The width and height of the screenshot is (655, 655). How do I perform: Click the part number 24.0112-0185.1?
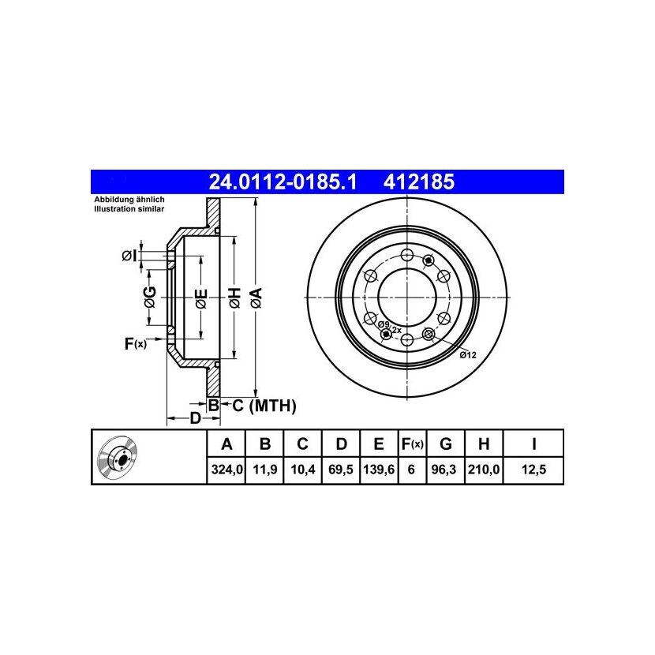(x=283, y=182)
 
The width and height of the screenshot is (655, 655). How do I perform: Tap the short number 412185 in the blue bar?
(x=418, y=182)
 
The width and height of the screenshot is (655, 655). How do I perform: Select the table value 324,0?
(x=226, y=470)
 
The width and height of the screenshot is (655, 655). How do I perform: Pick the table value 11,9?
(x=265, y=470)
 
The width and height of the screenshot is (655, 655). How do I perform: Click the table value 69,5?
(x=341, y=470)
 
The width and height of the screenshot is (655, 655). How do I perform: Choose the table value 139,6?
(x=379, y=470)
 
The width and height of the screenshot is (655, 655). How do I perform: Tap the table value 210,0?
(x=484, y=470)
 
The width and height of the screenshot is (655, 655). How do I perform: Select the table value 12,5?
(x=533, y=470)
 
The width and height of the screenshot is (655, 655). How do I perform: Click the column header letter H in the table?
(x=484, y=444)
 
